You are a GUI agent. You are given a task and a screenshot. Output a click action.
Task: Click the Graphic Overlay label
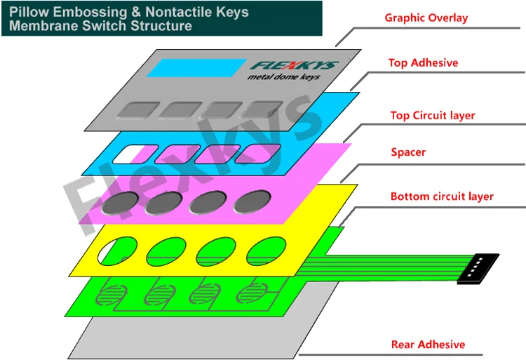click(x=426, y=18)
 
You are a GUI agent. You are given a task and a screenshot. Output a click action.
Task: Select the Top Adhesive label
click(x=423, y=62)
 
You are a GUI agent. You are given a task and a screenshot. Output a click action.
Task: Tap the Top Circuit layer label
click(x=433, y=115)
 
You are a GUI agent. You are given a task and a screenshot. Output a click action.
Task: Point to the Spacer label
click(x=408, y=152)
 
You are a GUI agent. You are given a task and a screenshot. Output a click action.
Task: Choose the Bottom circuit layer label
click(x=442, y=196)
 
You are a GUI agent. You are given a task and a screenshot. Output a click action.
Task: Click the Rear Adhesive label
click(x=428, y=344)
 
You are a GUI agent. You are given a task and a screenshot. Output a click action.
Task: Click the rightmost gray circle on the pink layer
click(x=252, y=202)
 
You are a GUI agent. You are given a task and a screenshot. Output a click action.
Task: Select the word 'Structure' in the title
click(x=162, y=26)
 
